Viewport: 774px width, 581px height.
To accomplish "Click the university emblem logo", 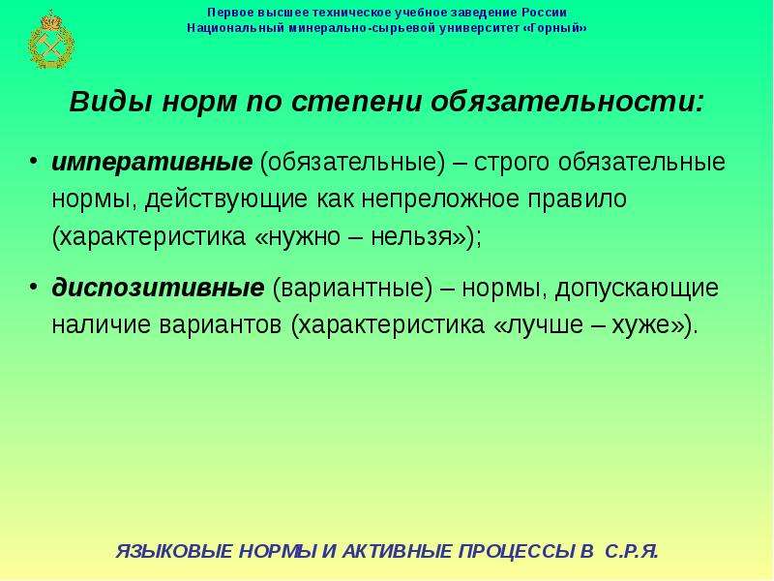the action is [51, 40].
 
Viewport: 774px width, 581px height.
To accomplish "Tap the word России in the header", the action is [544, 12].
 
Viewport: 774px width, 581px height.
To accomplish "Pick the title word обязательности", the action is [567, 102].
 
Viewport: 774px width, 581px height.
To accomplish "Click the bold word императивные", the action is [152, 163].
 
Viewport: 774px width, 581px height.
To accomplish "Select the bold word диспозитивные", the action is [158, 288].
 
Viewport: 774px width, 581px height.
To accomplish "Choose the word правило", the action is [578, 199].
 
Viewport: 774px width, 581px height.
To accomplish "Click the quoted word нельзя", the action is [418, 236].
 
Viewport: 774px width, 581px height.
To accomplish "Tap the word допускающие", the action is [637, 289].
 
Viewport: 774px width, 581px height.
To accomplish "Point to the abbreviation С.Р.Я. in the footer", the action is [632, 551].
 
